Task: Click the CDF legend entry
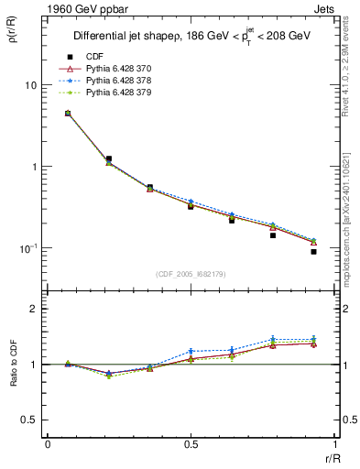click(x=93, y=58)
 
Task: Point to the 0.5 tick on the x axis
click(x=191, y=444)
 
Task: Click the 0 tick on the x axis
click(x=48, y=444)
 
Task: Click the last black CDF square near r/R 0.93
click(x=313, y=251)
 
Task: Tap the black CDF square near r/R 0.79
click(x=273, y=235)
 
